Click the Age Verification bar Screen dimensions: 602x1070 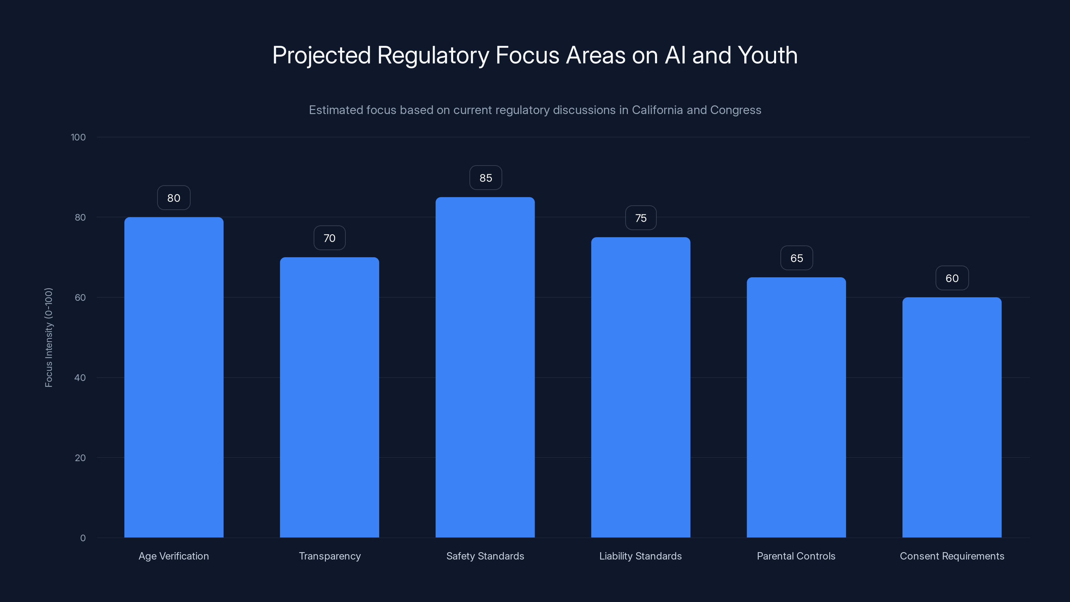pyautogui.click(x=174, y=377)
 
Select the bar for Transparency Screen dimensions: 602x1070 pyautogui.click(x=329, y=397)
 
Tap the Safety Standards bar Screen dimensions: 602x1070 pyautogui.click(x=485, y=367)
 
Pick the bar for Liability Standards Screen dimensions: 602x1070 pyautogui.click(x=641, y=387)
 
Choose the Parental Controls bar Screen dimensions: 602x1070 pyautogui.click(x=796, y=407)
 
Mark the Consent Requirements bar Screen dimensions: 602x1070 pyautogui.click(x=952, y=417)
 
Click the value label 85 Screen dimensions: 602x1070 pyautogui.click(x=486, y=178)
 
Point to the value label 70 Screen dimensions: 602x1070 pyautogui.click(x=329, y=238)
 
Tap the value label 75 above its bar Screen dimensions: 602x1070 pyautogui.click(x=641, y=218)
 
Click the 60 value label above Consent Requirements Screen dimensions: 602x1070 pyautogui.click(x=952, y=278)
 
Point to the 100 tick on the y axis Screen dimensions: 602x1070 pyautogui.click(x=78, y=137)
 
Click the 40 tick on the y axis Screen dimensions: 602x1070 pyautogui.click(x=80, y=378)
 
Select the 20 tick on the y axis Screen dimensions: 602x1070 pyautogui.click(x=80, y=458)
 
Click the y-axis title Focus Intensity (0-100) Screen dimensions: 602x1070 pyautogui.click(x=48, y=337)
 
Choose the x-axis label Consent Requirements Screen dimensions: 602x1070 pyautogui.click(x=952, y=556)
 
